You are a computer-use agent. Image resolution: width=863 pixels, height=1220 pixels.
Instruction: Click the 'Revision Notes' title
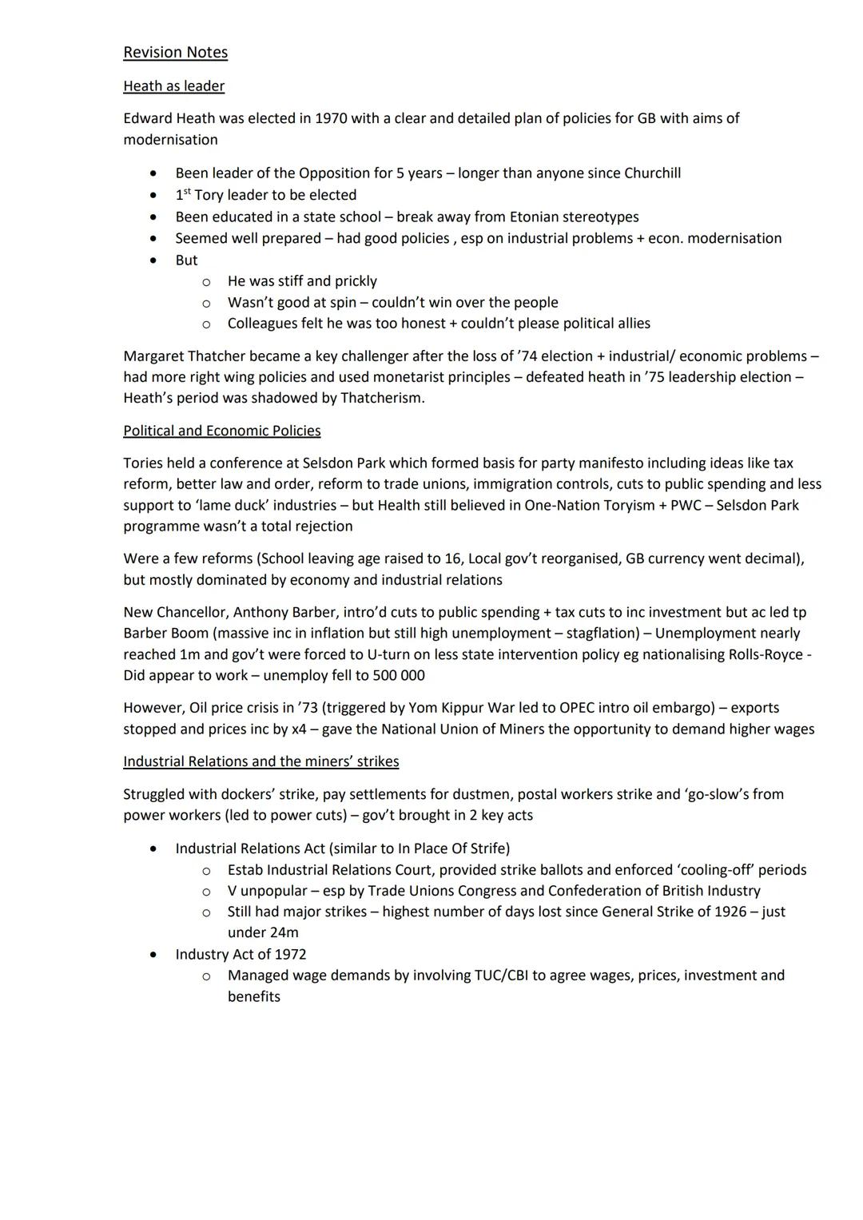click(175, 53)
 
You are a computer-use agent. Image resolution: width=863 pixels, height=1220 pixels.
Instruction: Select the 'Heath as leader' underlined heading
click(173, 86)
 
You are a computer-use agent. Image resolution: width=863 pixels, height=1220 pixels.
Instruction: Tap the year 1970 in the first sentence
click(332, 118)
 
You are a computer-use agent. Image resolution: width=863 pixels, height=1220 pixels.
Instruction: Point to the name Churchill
click(652, 173)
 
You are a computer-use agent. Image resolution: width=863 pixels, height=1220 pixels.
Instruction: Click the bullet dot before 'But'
click(153, 260)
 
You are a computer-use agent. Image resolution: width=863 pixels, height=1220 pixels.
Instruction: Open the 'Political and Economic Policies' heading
click(221, 431)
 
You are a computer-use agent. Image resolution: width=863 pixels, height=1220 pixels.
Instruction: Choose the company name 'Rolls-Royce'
click(766, 654)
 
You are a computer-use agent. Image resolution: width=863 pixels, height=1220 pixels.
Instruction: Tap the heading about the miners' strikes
click(260, 761)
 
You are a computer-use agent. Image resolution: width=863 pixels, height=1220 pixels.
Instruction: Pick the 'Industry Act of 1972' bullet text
click(241, 955)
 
